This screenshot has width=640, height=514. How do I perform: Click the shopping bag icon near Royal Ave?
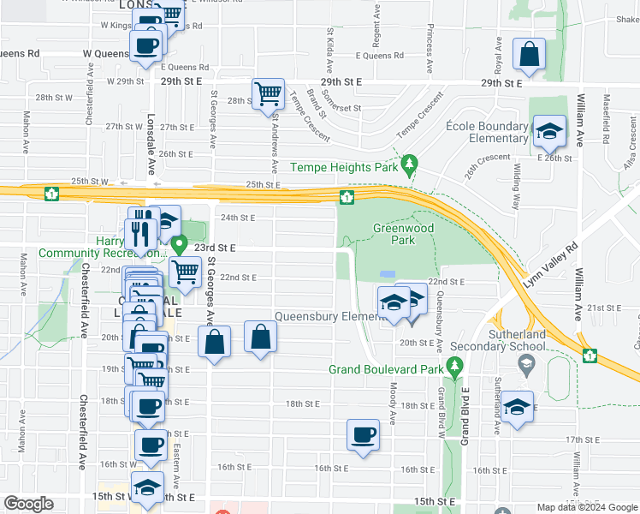(x=530, y=53)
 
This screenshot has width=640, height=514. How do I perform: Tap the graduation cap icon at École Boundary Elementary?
(x=548, y=132)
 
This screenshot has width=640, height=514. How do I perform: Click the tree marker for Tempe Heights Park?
(x=410, y=163)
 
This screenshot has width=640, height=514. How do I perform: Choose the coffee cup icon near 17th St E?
(x=363, y=434)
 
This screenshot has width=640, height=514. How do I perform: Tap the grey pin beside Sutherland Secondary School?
(x=528, y=366)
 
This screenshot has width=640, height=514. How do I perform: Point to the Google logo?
(x=28, y=504)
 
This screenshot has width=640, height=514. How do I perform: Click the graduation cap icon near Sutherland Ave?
(x=517, y=407)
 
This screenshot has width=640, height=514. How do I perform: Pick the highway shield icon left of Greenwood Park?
(x=347, y=198)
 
